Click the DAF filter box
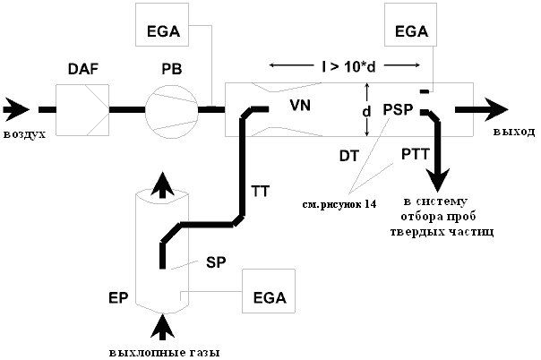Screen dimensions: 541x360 [82, 110]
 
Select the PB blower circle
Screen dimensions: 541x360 [172, 111]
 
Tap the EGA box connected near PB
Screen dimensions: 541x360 [162, 24]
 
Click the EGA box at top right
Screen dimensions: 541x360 [410, 24]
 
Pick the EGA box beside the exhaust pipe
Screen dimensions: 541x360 [269, 291]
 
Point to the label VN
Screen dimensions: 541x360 [300, 105]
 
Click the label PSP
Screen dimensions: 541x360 [398, 109]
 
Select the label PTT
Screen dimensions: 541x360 [416, 154]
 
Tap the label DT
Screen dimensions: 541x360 [349, 156]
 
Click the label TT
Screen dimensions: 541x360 [260, 191]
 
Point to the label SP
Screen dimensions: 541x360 [216, 262]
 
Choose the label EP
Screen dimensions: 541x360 [118, 298]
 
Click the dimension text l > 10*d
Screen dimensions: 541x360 [348, 67]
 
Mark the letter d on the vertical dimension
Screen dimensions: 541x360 [366, 111]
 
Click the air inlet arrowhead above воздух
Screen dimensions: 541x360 [16, 109]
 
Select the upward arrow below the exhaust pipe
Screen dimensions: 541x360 [163, 327]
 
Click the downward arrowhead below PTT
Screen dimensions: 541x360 [437, 180]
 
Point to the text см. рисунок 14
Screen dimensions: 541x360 [339, 204]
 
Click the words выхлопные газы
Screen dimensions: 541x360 [165, 353]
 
